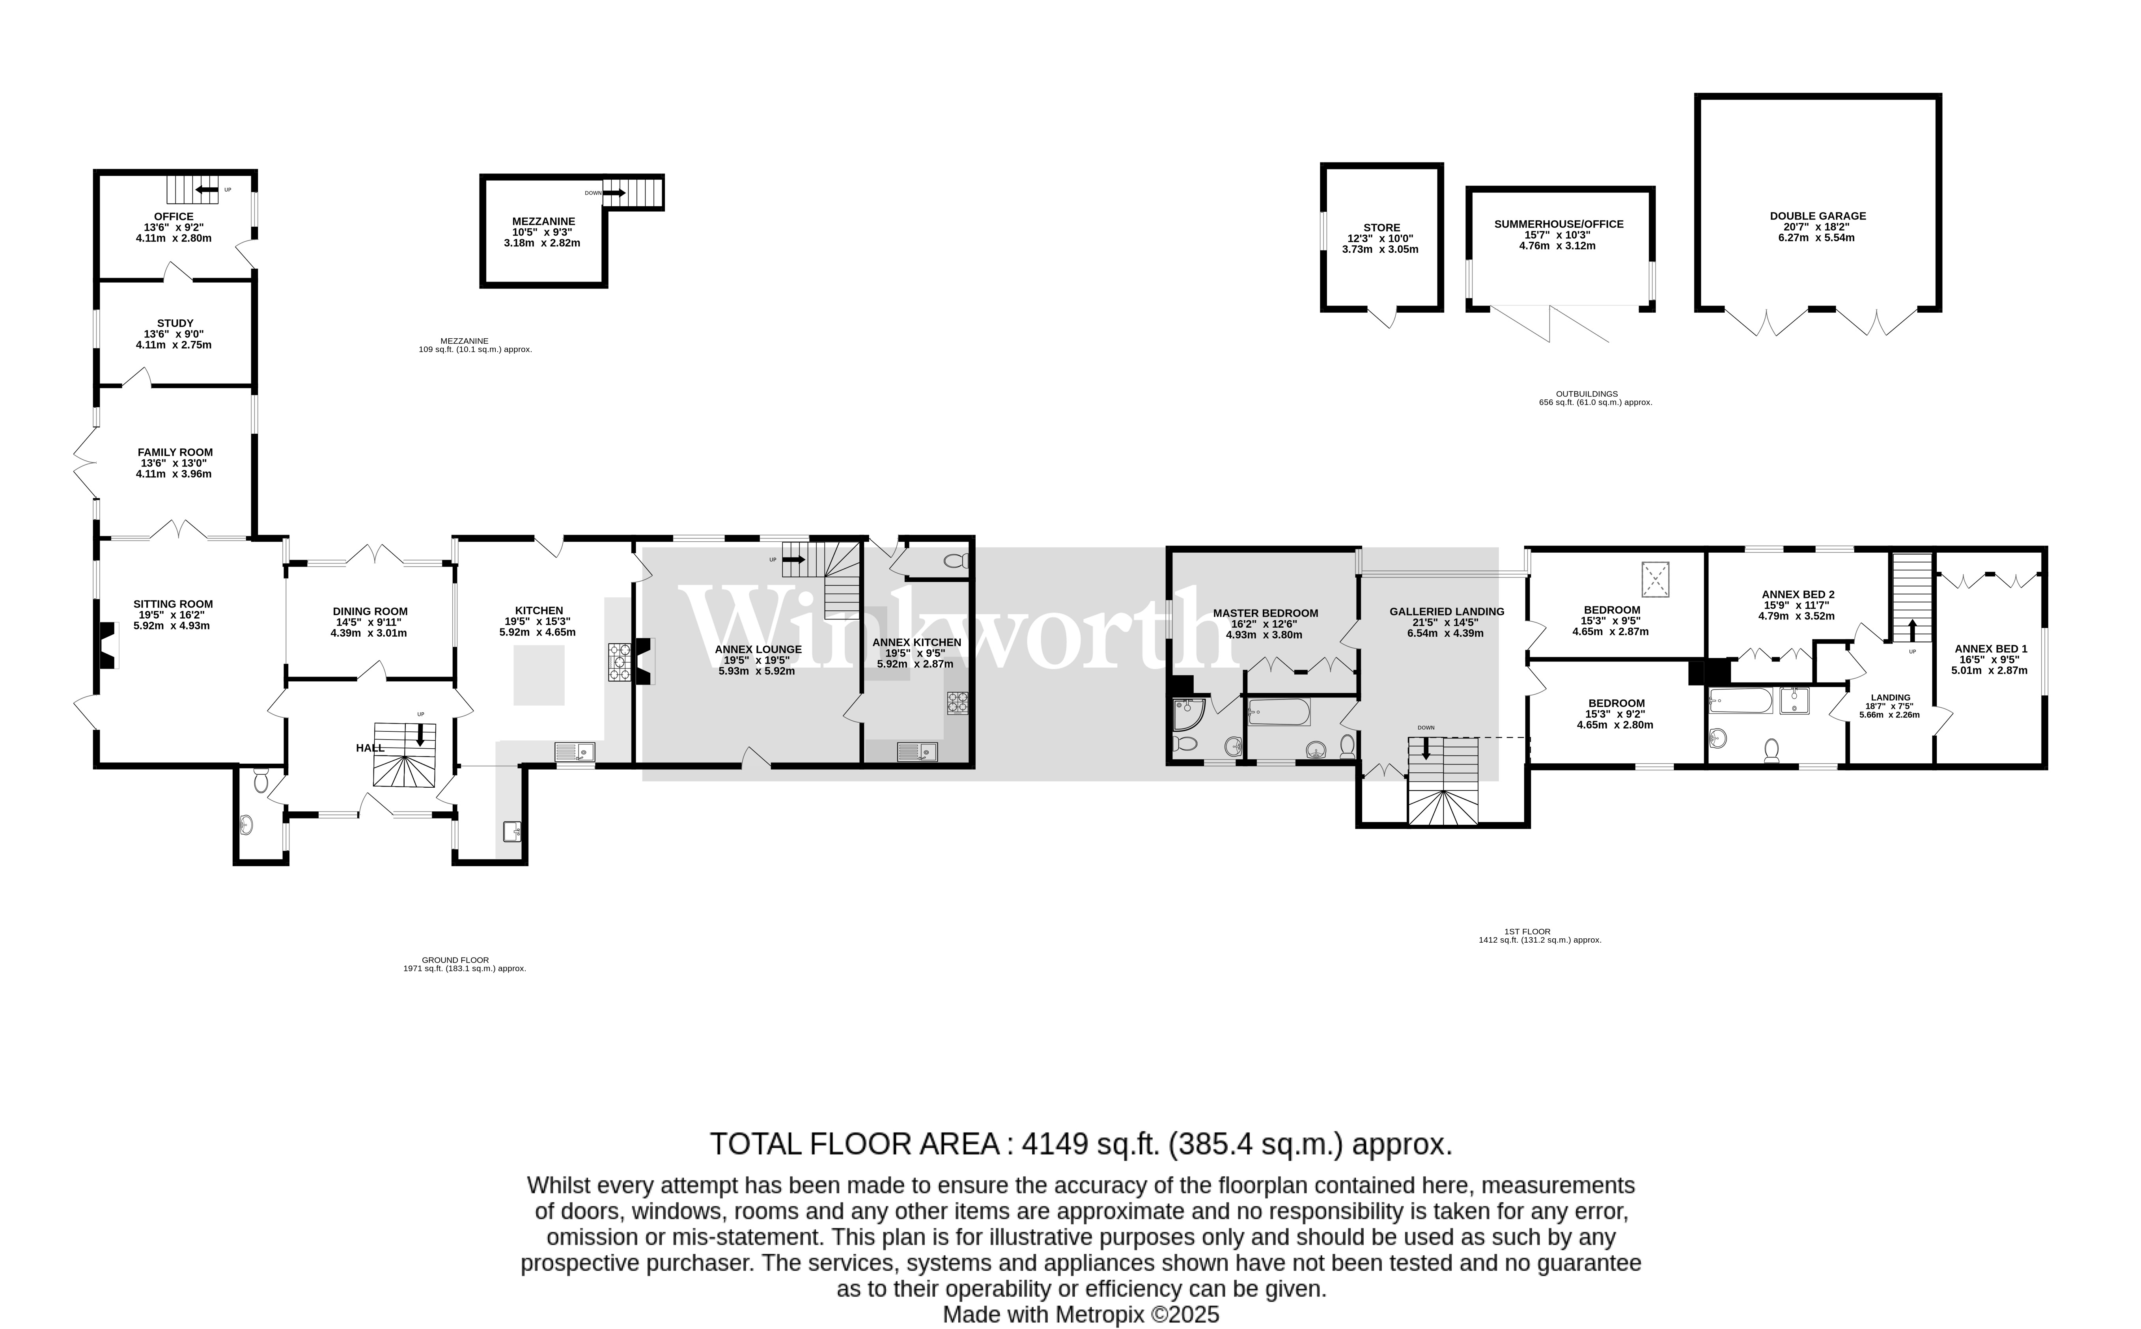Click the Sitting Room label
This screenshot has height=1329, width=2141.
[173, 604]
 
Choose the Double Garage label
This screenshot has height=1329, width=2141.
[1818, 215]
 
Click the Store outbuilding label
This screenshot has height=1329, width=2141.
[1381, 227]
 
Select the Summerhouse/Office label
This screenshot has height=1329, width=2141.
[1559, 224]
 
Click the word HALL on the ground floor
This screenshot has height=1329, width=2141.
[370, 748]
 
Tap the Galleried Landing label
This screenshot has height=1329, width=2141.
[1447, 612]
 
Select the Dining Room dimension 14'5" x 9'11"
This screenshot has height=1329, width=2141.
[369, 622]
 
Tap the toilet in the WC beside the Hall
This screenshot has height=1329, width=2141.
[260, 779]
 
